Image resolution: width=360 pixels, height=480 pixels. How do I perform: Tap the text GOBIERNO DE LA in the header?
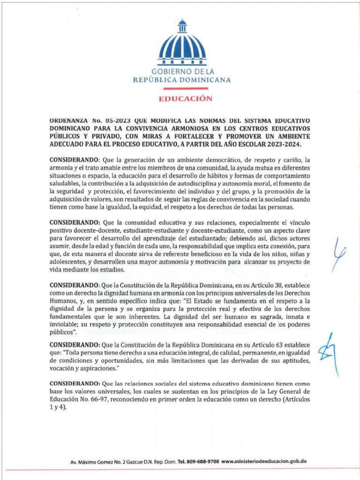click(x=182, y=72)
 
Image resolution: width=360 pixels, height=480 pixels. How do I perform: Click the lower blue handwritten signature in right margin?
click(x=334, y=354)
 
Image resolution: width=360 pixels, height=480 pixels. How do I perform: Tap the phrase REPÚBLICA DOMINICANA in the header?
click(x=182, y=80)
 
